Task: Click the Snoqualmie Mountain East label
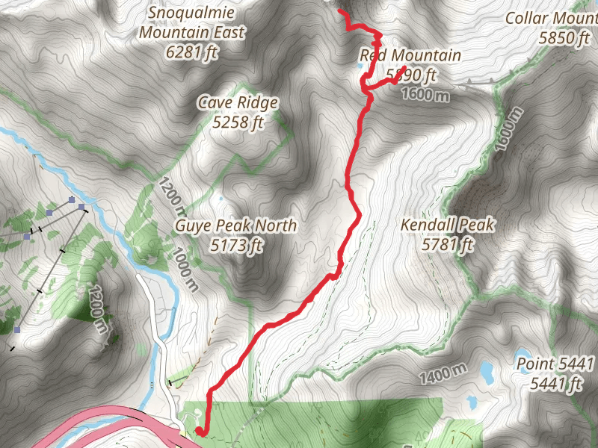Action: coord(192,22)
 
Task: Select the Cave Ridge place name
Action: coord(238,102)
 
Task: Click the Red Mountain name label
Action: coord(410,55)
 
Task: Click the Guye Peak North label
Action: coord(236,225)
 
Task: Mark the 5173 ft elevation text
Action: coord(236,244)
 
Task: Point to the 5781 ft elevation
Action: coord(448,244)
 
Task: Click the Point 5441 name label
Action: coord(555,364)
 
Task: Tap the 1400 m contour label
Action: coord(443,373)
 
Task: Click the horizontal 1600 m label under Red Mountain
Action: coord(425,95)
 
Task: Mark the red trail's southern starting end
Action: coord(200,431)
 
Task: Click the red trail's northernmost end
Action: coord(341,11)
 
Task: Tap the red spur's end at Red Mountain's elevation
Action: coord(404,69)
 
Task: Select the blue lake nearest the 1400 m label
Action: coord(487,369)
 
